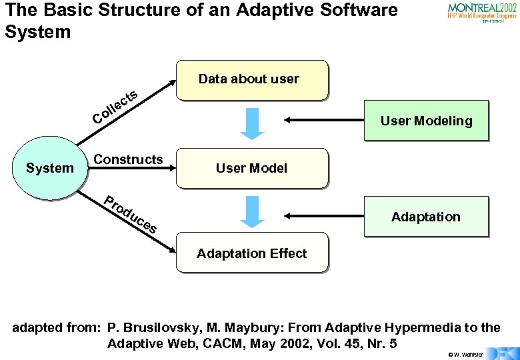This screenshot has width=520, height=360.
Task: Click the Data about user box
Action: point(252,80)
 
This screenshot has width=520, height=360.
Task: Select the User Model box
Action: point(252,168)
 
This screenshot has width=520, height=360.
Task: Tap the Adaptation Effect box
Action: point(252,253)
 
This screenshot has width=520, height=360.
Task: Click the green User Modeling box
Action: point(426,121)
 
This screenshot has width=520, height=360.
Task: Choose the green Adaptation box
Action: point(426,217)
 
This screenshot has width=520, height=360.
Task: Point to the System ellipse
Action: point(49,168)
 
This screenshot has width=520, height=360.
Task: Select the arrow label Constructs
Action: point(128,159)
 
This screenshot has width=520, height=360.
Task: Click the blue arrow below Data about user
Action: point(252,125)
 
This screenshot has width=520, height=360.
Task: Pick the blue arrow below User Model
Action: point(252,211)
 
